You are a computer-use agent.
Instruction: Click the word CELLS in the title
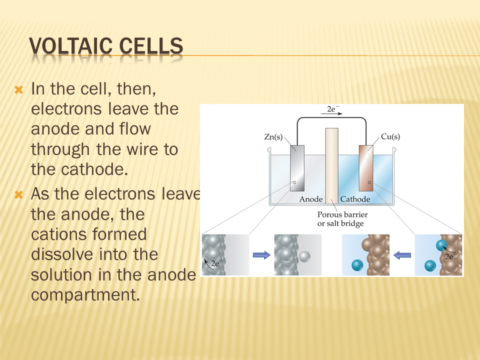click(x=151, y=46)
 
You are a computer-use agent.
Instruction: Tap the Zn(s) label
click(x=273, y=136)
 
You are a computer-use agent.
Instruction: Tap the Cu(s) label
click(x=390, y=136)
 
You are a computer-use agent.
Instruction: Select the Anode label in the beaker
click(x=311, y=199)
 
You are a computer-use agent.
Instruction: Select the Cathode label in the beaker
click(x=355, y=199)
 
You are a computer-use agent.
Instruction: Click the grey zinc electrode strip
click(x=297, y=168)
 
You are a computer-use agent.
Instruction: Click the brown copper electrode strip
click(x=366, y=168)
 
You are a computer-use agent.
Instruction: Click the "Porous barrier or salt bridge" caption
click(x=342, y=219)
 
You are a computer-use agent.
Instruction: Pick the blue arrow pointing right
click(x=261, y=254)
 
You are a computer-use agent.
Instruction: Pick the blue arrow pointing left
click(x=402, y=254)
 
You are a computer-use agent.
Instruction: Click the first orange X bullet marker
click(x=18, y=89)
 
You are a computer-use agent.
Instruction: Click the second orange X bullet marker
click(x=18, y=194)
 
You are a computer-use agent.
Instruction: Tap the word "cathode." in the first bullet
click(x=94, y=169)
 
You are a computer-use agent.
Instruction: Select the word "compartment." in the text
click(x=85, y=295)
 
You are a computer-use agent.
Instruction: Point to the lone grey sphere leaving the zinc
click(x=304, y=256)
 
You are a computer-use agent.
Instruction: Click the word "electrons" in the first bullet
click(x=66, y=109)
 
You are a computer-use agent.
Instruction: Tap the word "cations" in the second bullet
click(x=57, y=234)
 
